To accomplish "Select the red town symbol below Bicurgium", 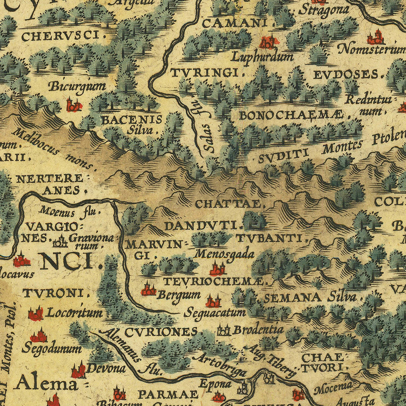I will pos(74,106).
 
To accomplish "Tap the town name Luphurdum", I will pos(263,57).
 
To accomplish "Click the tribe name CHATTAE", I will pos(228,204).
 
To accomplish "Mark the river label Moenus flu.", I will pos(69,210).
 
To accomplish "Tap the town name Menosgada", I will pos(224,254).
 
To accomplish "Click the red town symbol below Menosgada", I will pos(217,269).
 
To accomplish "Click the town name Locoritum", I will pos(74,312).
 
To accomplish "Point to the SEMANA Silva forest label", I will pos(309,297).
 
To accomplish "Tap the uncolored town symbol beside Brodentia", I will pos(223,331).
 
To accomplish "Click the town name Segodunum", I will pos(51,348).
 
